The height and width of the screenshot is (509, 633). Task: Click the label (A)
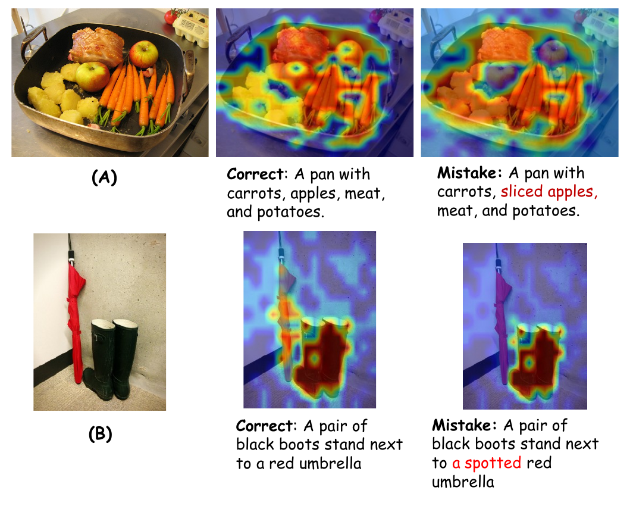pyautogui.click(x=104, y=177)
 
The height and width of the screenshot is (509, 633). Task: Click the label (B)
pyautogui.click(x=100, y=433)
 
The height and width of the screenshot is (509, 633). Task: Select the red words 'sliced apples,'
pyautogui.click(x=549, y=192)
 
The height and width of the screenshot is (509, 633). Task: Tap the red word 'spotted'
pyautogui.click(x=493, y=463)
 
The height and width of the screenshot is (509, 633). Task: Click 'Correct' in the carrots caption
pyautogui.click(x=255, y=174)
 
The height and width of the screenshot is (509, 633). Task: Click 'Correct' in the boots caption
pyautogui.click(x=264, y=426)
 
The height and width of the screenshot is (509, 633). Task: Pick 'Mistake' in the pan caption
pyautogui.click(x=466, y=173)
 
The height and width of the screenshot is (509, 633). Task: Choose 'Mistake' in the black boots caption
pyautogui.click(x=461, y=425)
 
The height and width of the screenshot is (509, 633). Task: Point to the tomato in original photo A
pyautogui.click(x=171, y=16)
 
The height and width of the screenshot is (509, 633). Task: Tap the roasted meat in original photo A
pyautogui.click(x=96, y=46)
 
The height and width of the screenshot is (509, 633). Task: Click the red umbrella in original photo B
pyautogui.click(x=75, y=319)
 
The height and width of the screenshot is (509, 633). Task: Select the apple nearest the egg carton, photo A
pyautogui.click(x=144, y=54)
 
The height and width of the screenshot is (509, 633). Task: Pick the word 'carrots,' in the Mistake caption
pyautogui.click(x=466, y=192)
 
